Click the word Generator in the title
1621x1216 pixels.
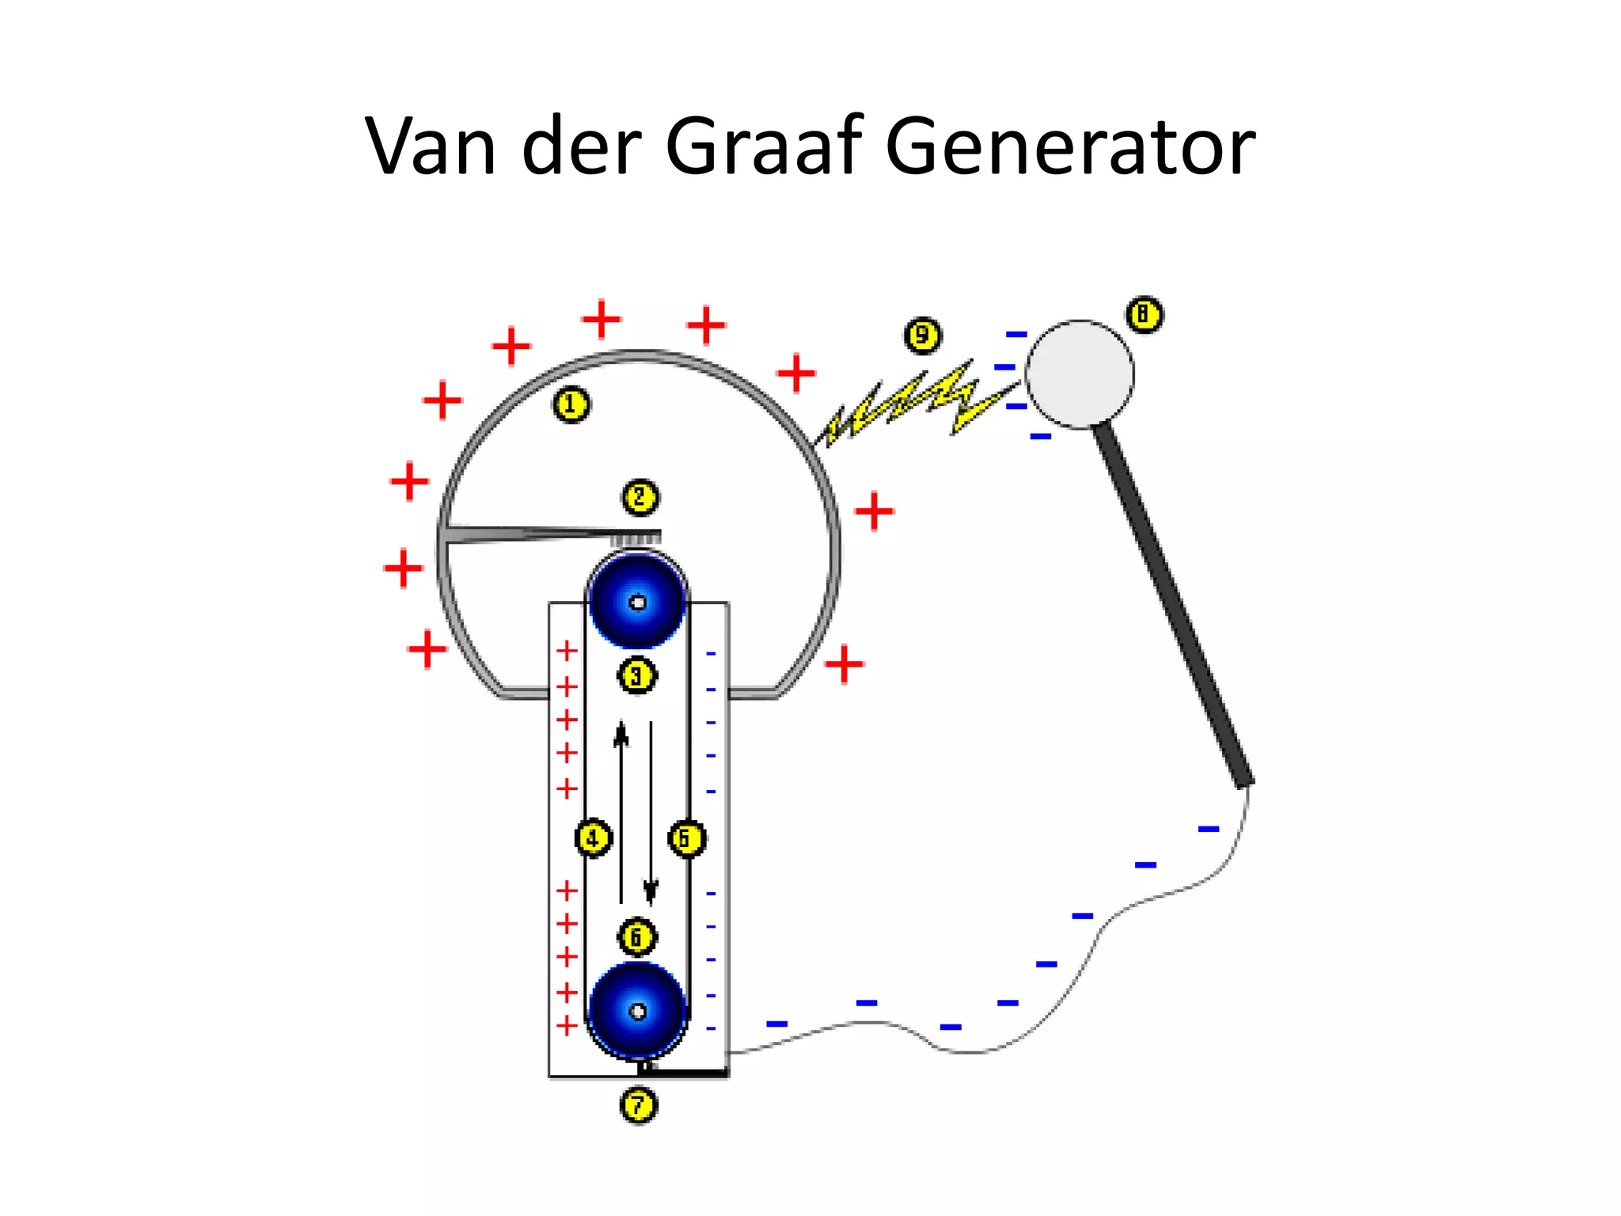pyautogui.click(x=1070, y=147)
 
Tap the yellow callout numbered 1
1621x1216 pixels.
pyautogui.click(x=571, y=405)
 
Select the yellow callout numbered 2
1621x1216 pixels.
pyautogui.click(x=640, y=498)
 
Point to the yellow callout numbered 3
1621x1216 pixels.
pyautogui.click(x=636, y=676)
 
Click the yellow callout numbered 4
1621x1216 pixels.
pyautogui.click(x=594, y=838)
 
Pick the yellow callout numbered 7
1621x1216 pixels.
pyautogui.click(x=639, y=1105)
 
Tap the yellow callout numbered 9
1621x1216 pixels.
pyautogui.click(x=922, y=336)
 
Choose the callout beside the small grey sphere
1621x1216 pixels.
pyautogui.click(x=1145, y=315)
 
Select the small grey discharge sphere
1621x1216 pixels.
pyautogui.click(x=1080, y=374)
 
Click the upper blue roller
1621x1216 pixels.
pyautogui.click(x=637, y=602)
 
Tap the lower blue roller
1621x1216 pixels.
pyautogui.click(x=637, y=1011)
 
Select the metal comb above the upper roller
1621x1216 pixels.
pyautogui.click(x=633, y=539)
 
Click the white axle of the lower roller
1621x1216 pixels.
pyautogui.click(x=638, y=1012)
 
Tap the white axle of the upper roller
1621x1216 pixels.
pyautogui.click(x=638, y=602)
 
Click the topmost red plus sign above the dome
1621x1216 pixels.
pyautogui.click(x=602, y=319)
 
